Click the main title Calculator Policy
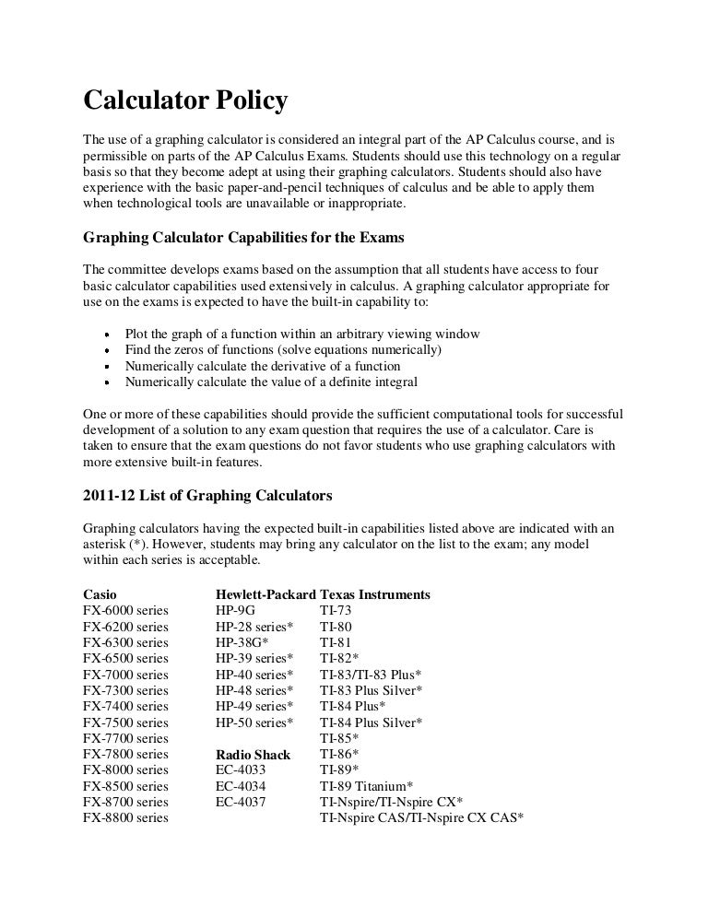click(x=185, y=100)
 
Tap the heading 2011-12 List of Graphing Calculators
click(x=207, y=495)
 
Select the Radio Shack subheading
click(x=253, y=755)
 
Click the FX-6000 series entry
click(x=125, y=610)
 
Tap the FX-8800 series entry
click(x=125, y=818)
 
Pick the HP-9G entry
click(x=235, y=610)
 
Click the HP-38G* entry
click(x=242, y=642)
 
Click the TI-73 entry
click(x=336, y=610)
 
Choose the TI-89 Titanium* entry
click(x=366, y=786)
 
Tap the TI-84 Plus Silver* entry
click(x=372, y=722)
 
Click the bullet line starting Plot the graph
click(x=301, y=333)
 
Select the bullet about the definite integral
click(x=271, y=381)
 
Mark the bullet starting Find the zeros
click(x=284, y=349)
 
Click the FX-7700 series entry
click(x=125, y=738)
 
